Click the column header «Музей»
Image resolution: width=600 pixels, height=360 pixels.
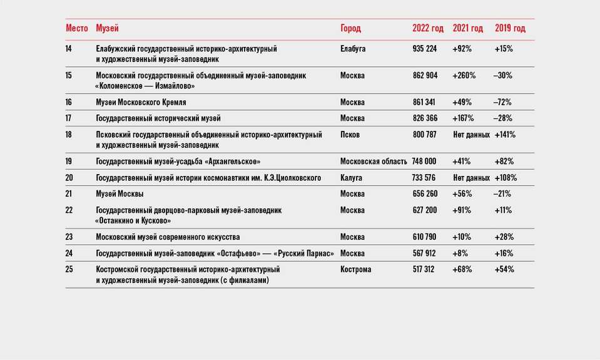coord(107,28)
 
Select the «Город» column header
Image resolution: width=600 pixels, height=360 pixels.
coord(350,28)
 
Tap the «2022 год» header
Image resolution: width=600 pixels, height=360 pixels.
coord(428,28)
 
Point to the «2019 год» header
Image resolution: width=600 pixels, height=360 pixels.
coord(510,28)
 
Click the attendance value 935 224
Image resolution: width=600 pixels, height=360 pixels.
coord(424,49)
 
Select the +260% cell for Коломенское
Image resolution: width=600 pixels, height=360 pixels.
coord(464,76)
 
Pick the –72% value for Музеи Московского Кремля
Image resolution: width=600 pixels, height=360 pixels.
coord(502,102)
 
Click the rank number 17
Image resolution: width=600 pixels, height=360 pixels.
coord(68,118)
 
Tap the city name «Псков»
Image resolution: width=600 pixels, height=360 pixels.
coord(350,135)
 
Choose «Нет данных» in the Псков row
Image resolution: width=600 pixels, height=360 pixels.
coord(471,135)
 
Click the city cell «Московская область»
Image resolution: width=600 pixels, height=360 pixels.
coord(374,162)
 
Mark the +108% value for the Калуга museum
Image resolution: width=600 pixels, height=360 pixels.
coord(506,178)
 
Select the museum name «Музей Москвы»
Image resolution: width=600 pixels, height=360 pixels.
coord(119,194)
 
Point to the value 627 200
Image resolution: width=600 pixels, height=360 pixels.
coord(424,210)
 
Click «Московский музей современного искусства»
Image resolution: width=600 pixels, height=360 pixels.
coord(168,237)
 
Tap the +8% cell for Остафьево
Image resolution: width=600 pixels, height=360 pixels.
coord(460,253)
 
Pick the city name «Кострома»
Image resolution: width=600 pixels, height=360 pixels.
coord(355,269)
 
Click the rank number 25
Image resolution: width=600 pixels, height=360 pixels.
coord(69,269)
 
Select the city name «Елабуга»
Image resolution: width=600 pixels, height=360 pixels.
coord(353,49)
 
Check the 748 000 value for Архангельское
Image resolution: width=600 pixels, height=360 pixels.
coord(424,162)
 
